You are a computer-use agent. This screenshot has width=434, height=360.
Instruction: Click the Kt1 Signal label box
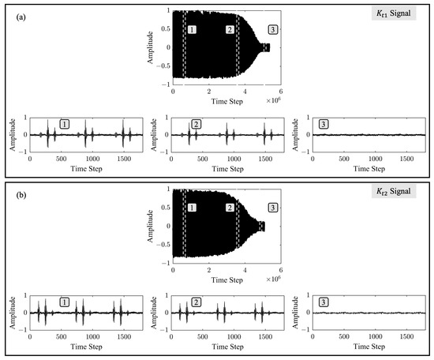[x=394, y=13]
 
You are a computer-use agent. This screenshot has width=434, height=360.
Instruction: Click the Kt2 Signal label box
[x=394, y=191]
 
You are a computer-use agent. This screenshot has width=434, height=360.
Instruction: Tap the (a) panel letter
[x=21, y=17]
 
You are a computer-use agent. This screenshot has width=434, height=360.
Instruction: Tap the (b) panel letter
[x=21, y=196]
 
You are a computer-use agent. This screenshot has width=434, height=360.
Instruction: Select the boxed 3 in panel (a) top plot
[x=273, y=30]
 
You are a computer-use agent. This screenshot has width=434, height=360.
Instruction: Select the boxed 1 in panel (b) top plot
[x=192, y=208]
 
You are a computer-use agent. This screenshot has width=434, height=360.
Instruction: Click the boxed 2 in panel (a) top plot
[x=230, y=30]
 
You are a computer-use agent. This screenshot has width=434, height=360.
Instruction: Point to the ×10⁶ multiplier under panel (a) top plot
[x=274, y=100]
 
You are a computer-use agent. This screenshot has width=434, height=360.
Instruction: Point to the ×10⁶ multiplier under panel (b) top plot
[x=274, y=279]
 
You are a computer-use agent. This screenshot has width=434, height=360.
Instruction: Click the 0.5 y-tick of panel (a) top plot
[x=166, y=28]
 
